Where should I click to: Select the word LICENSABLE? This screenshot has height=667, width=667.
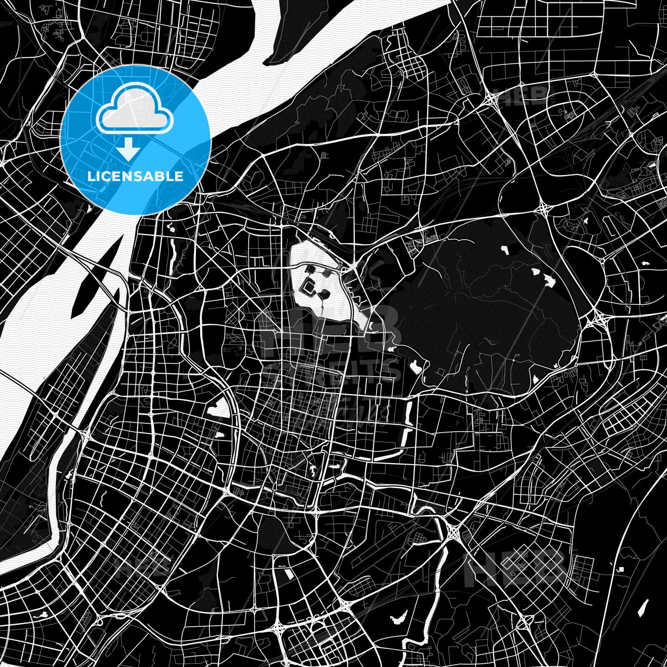click(x=135, y=176)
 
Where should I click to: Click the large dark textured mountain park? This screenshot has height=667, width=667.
click(x=482, y=306)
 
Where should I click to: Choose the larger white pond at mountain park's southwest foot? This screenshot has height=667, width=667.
click(x=416, y=368)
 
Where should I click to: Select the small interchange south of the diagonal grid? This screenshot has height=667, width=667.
click(x=523, y=625)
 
